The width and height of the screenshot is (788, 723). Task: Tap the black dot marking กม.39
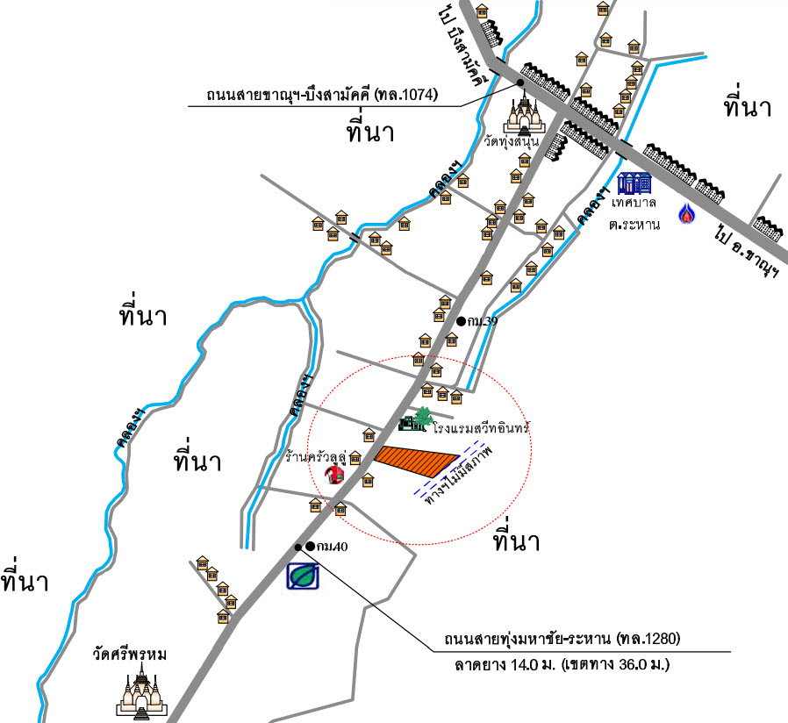461,321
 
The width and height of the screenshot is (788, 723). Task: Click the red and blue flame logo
685,212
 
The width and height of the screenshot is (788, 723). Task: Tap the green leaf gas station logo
303,576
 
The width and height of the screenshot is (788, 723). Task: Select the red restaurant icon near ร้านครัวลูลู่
333,475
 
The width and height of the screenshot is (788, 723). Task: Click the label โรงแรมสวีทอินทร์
484,429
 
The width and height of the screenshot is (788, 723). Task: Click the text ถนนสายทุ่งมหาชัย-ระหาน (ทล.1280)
556,638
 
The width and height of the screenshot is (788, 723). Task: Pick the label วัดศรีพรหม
134,655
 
